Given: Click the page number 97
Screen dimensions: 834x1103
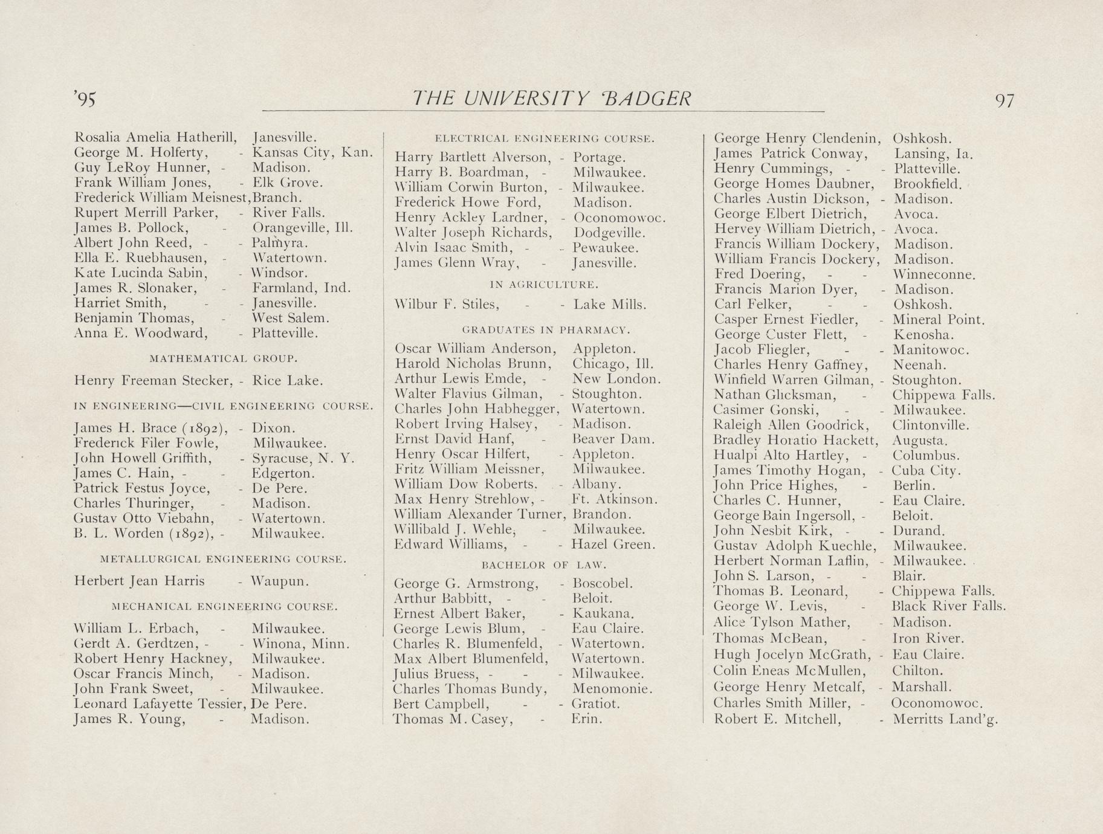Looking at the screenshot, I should [x=1004, y=100].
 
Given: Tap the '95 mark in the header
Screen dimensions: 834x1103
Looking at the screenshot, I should [x=85, y=100].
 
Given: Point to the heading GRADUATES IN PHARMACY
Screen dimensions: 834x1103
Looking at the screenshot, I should [x=546, y=330].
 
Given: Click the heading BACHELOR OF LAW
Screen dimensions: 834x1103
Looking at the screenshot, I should [x=543, y=565].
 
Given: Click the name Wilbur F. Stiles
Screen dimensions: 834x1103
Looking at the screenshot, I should [x=447, y=305].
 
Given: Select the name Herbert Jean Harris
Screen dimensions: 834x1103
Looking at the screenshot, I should [x=139, y=581].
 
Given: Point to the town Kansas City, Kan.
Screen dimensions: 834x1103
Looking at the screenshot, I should [x=311, y=152].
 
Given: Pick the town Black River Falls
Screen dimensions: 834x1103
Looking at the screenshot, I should [x=949, y=606].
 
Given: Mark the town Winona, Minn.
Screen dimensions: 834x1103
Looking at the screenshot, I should [x=300, y=644].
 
